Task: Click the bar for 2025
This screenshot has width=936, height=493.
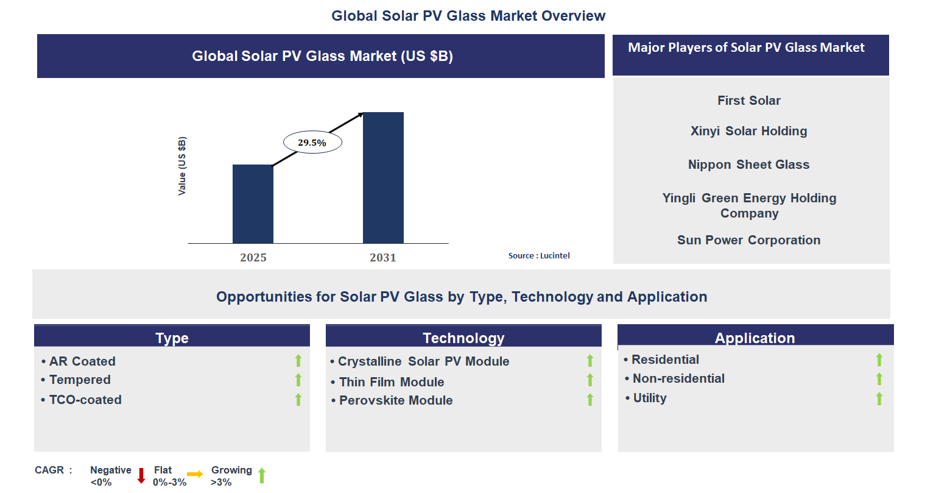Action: [253, 204]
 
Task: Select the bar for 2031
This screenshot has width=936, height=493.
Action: [383, 178]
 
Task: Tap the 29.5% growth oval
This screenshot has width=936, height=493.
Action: [312, 143]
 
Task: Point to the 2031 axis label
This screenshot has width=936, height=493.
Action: [383, 258]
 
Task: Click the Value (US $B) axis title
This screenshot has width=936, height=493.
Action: [182, 166]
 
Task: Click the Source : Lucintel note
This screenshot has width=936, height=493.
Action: [539, 256]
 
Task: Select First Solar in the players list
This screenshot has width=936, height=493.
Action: [748, 101]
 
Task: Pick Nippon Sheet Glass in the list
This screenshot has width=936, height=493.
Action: [748, 165]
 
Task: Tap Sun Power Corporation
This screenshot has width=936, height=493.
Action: [748, 240]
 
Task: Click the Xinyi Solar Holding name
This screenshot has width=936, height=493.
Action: [748, 131]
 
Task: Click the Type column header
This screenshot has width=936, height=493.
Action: [172, 338]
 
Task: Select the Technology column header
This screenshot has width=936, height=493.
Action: [463, 338]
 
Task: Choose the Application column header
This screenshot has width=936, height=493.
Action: [755, 338]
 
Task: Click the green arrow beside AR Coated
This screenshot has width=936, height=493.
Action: [298, 361]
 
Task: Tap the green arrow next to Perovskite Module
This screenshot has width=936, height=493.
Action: [589, 400]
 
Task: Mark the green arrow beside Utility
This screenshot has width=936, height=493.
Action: [879, 399]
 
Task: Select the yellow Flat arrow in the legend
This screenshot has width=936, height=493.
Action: [195, 474]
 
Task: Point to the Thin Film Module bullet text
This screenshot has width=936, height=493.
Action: [392, 382]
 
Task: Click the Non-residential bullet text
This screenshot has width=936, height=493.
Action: [678, 378]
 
